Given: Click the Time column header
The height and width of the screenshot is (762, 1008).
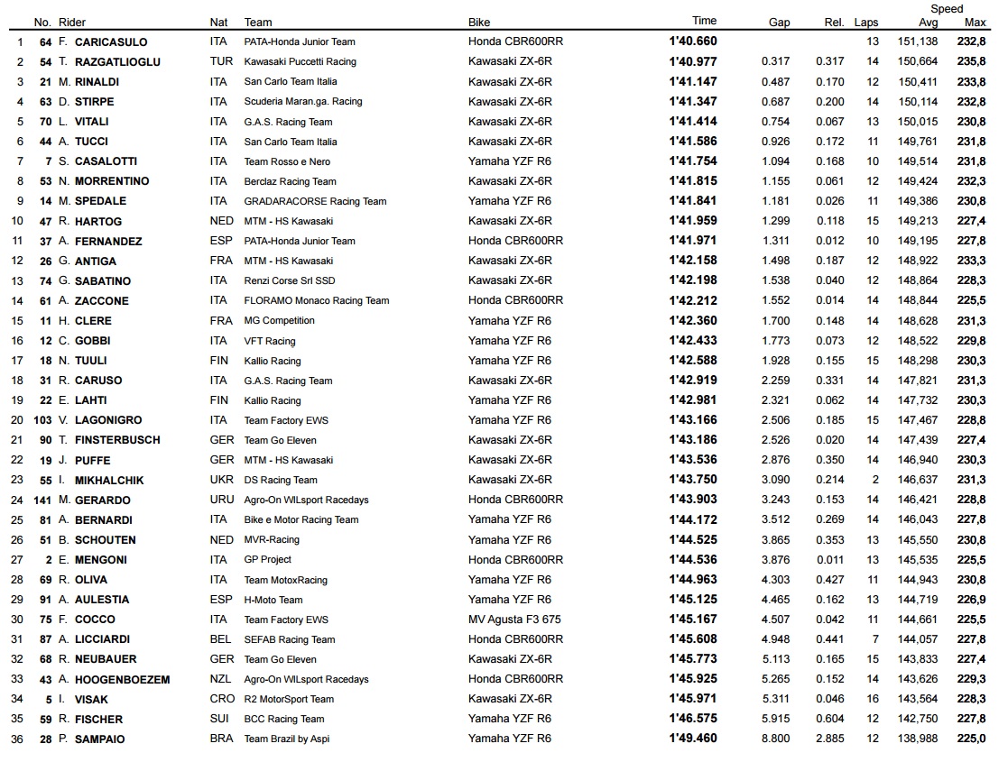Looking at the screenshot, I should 704,21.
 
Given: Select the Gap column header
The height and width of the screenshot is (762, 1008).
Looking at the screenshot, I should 779,23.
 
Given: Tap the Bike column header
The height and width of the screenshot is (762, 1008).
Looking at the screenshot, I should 479,23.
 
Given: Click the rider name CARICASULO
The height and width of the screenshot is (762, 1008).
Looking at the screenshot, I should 111,42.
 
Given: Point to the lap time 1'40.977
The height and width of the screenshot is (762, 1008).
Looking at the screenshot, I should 693,62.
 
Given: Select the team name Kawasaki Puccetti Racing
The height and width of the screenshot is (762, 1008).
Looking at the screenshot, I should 300,62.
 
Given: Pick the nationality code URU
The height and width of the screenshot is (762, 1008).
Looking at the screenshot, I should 219,500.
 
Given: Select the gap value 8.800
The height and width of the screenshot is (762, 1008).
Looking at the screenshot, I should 775,739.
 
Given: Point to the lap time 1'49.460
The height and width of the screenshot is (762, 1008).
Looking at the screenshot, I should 693,739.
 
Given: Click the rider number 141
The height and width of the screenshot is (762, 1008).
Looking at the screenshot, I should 42,500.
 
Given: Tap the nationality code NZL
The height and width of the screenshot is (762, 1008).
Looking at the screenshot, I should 219,679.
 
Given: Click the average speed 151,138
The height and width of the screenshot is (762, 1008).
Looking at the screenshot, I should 918,42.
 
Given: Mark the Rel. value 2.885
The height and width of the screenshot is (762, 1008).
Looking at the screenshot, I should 829,739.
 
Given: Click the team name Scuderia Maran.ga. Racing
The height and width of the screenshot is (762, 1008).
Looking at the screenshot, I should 302,102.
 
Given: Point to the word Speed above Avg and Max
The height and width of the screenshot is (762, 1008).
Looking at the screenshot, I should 947,9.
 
